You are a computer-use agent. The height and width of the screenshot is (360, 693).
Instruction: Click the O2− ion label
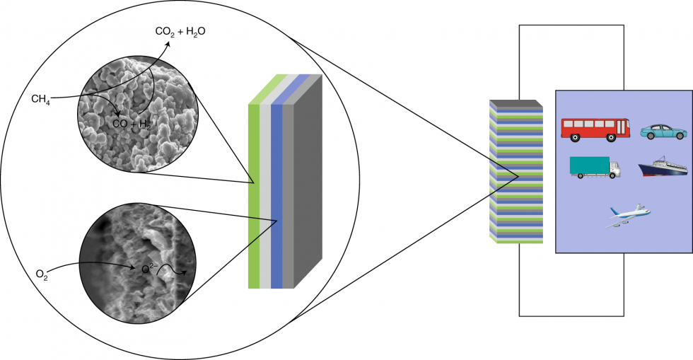tap(148, 269)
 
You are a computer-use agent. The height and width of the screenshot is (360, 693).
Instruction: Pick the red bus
tap(595, 128)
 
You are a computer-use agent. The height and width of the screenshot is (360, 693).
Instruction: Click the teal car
tap(663, 132)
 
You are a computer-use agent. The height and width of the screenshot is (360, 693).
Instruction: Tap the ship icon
tap(663, 168)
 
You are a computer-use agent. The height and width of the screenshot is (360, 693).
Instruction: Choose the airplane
tap(628, 215)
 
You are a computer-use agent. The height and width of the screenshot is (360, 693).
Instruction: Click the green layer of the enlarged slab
tap(254, 198)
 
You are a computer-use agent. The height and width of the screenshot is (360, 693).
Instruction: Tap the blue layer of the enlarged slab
tap(276, 198)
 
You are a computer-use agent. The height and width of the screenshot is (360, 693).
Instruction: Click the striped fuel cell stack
tap(516, 173)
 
